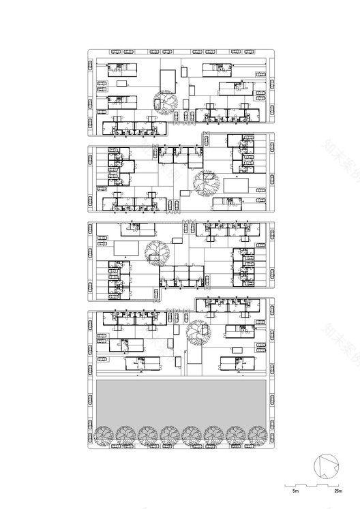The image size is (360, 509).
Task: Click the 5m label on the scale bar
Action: (x=295, y=490)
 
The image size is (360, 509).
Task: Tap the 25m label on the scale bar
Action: (x=337, y=490)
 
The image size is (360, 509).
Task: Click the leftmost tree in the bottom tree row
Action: (x=105, y=435)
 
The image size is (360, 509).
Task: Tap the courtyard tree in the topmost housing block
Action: (x=165, y=102)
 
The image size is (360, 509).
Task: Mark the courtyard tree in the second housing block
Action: (x=204, y=182)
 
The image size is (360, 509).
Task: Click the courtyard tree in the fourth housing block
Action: (x=198, y=331)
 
